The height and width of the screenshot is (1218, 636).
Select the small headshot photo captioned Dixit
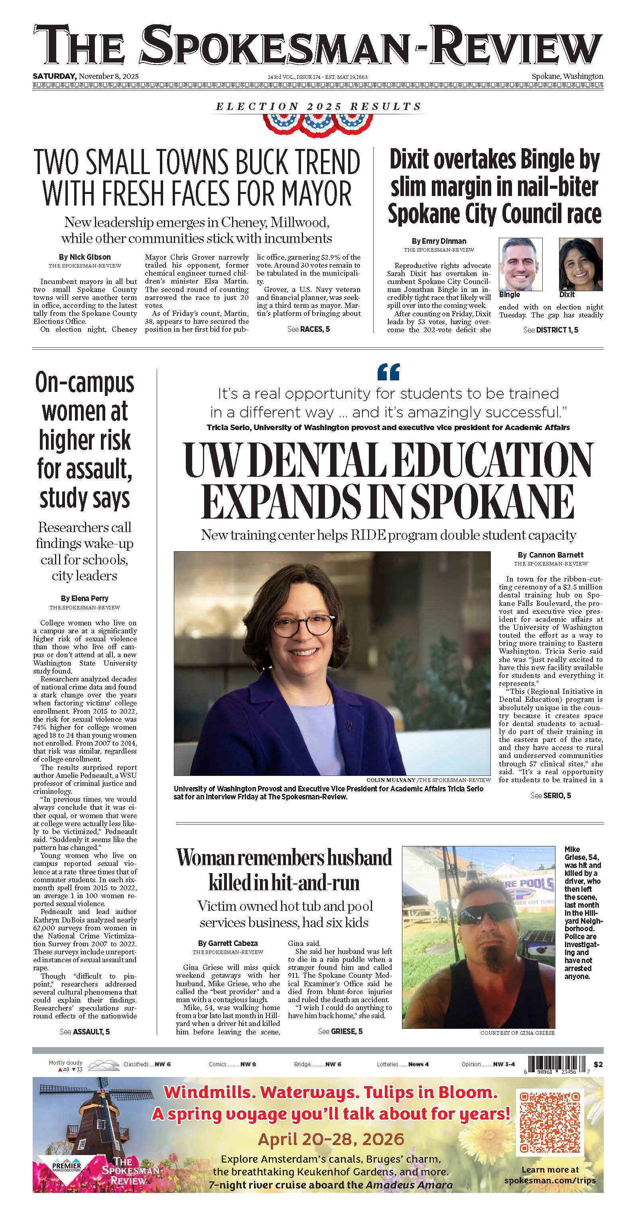(580, 264)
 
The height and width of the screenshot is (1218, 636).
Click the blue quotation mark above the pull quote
(388, 372)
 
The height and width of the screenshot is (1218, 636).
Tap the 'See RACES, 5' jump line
(309, 329)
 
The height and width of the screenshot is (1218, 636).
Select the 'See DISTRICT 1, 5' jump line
(551, 330)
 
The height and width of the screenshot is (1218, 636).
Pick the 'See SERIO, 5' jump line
(551, 795)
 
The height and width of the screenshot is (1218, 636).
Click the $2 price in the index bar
(598, 1064)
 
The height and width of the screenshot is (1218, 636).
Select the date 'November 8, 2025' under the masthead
(108, 76)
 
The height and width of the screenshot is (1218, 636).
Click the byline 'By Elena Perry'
(85, 599)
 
